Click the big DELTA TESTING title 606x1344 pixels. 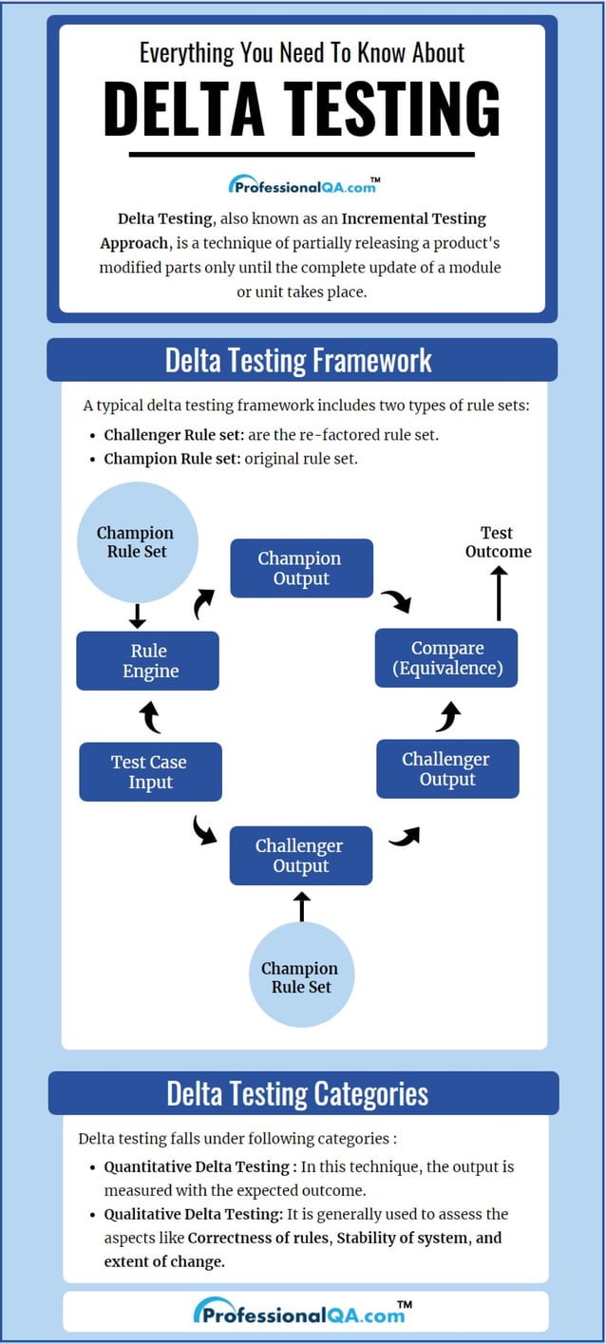pyautogui.click(x=302, y=109)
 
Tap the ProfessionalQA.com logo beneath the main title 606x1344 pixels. pyautogui.click(x=303, y=185)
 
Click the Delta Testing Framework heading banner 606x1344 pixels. pyautogui.click(x=302, y=360)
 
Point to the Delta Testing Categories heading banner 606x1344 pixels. pyautogui.click(x=302, y=1093)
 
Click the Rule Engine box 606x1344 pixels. pyautogui.click(x=148, y=661)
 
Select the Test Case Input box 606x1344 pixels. pyautogui.click(x=150, y=772)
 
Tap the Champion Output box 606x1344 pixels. pyautogui.click(x=301, y=569)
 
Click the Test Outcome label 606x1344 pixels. pyautogui.click(x=498, y=542)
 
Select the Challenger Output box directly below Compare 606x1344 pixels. pyautogui.click(x=446, y=769)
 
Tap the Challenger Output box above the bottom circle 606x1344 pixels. pyautogui.click(x=300, y=856)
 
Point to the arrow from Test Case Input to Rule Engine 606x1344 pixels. pyautogui.click(x=150, y=717)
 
